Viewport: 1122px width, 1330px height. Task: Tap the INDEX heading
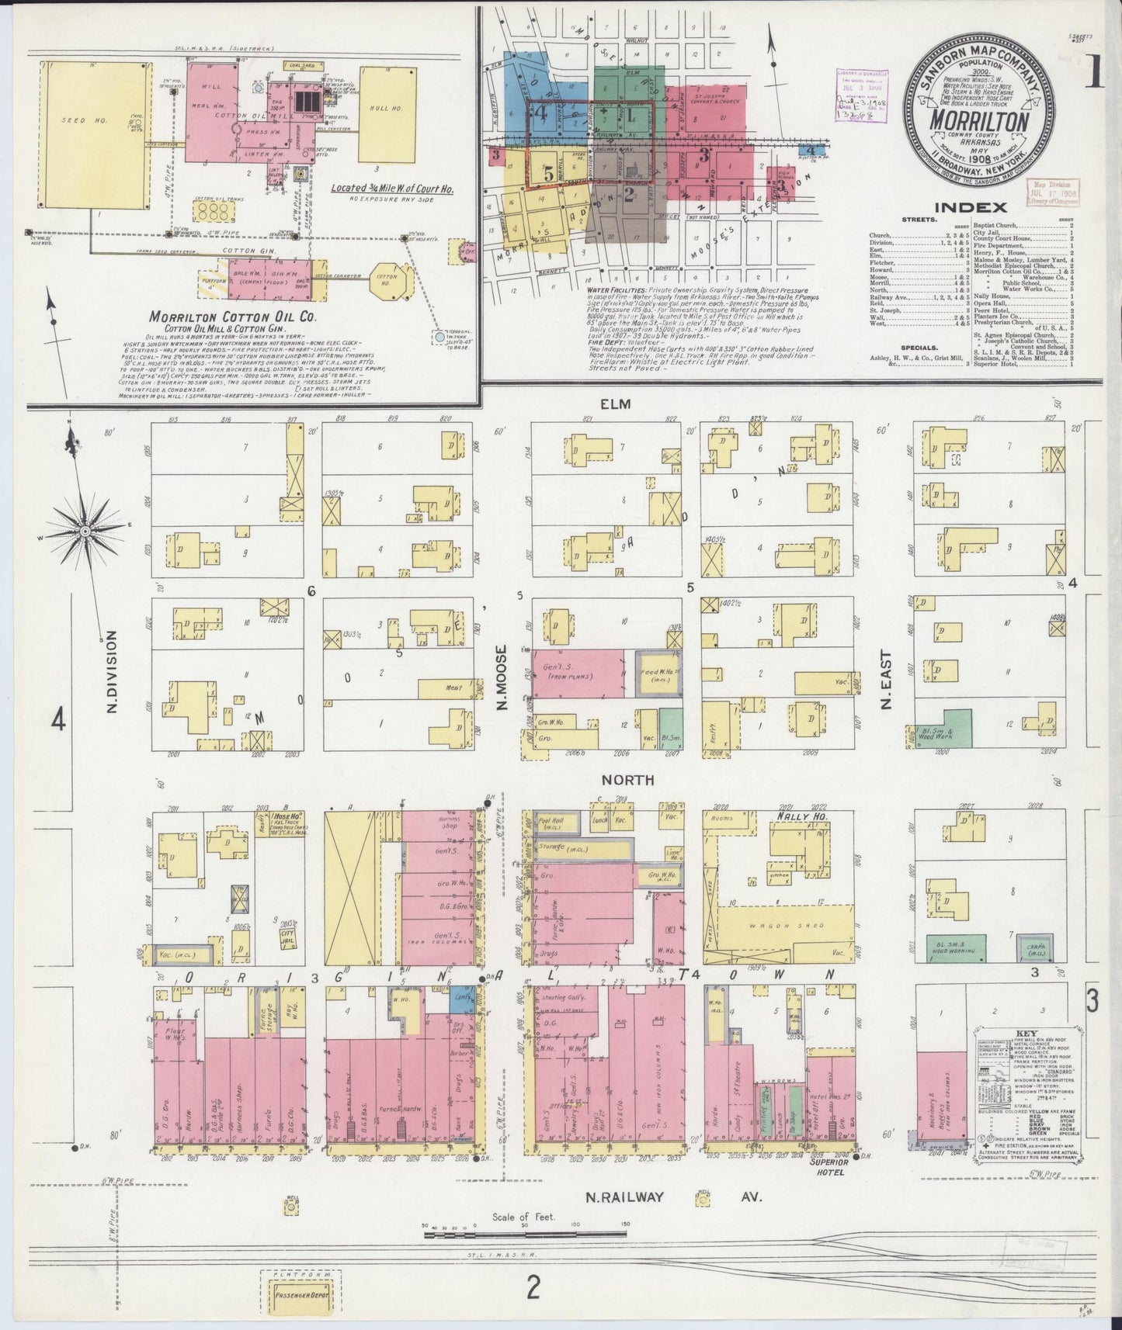(x=971, y=207)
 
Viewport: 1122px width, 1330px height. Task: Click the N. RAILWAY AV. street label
(x=672, y=1218)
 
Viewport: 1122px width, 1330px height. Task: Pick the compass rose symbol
(x=84, y=530)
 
